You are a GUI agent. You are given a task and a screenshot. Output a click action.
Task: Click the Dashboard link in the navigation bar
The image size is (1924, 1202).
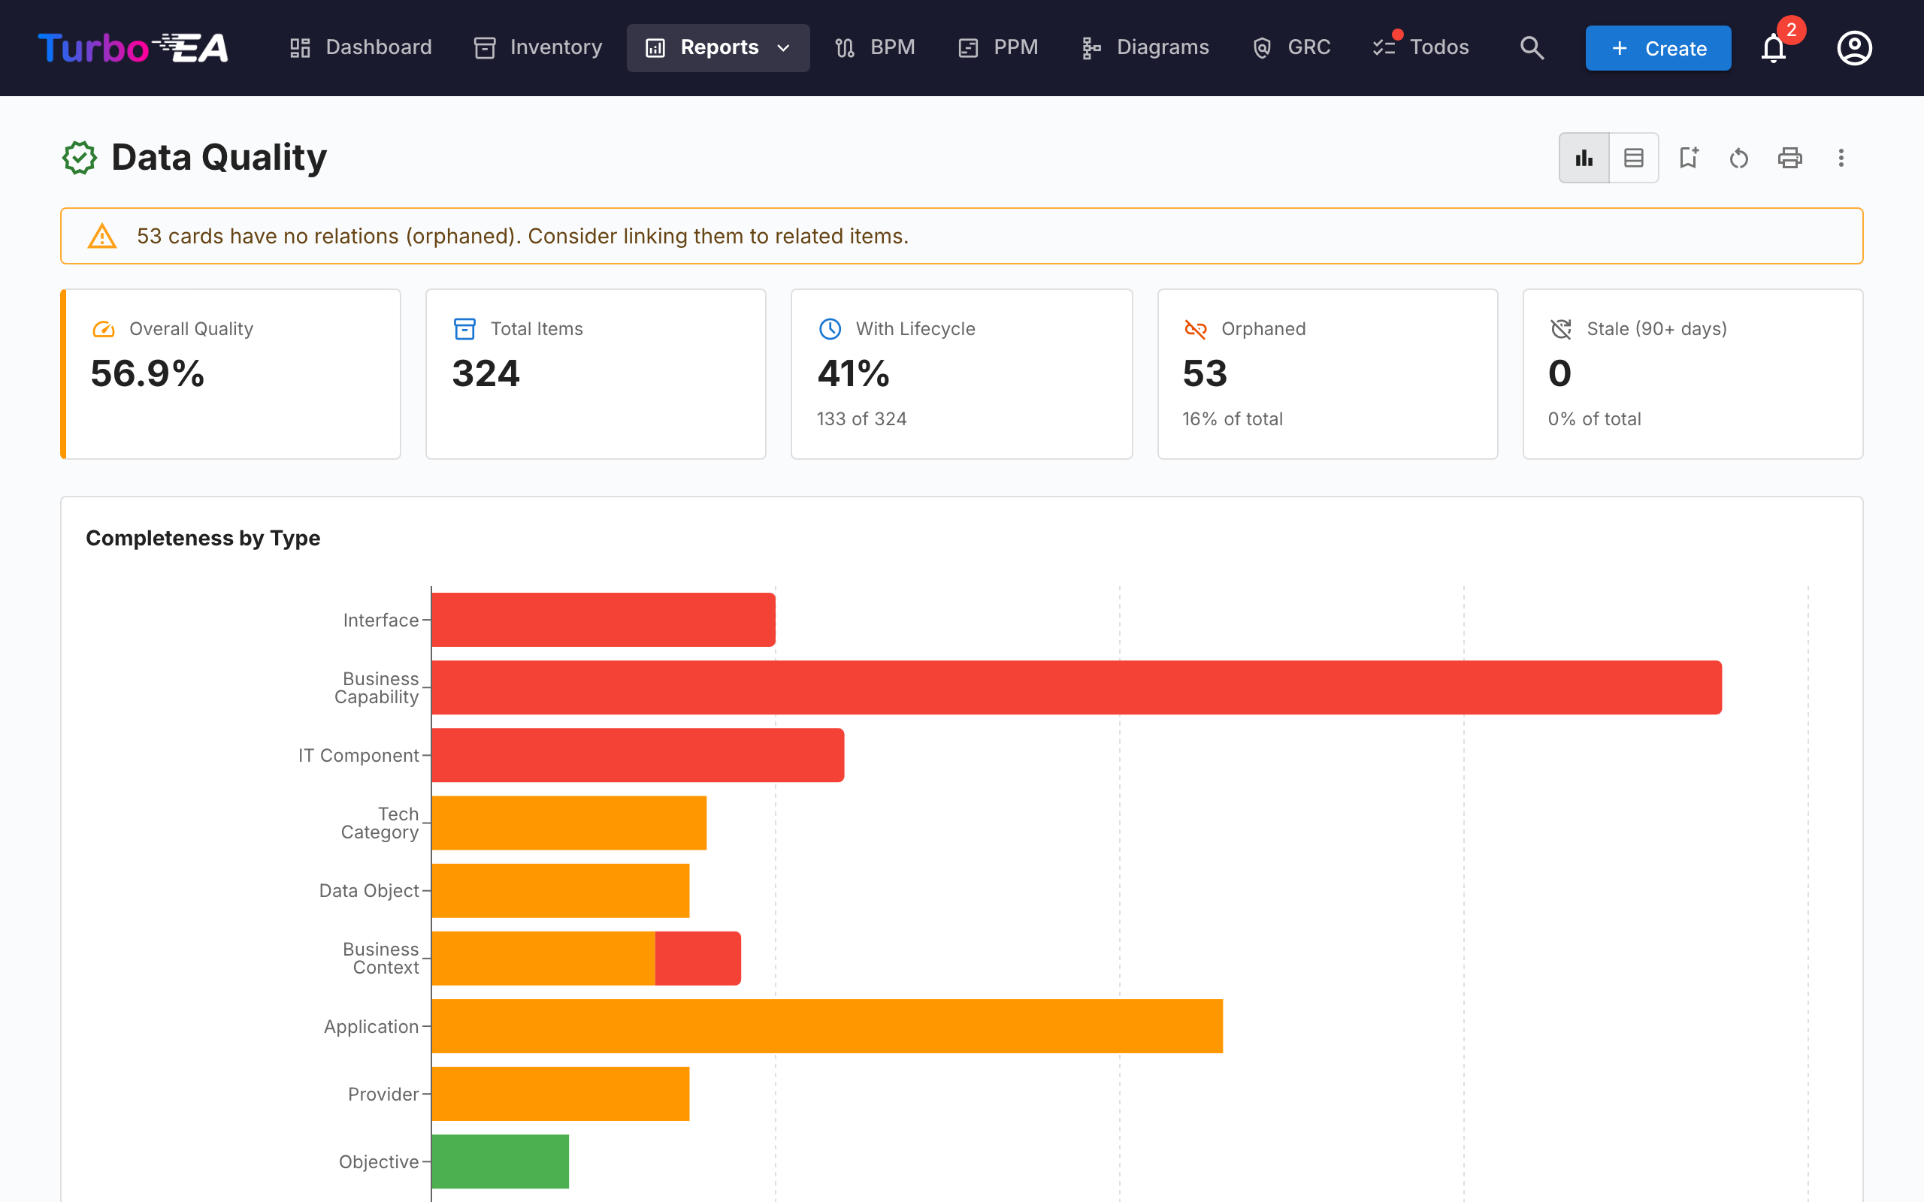pos(360,47)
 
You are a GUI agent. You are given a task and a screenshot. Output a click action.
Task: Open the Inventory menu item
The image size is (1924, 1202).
pos(538,47)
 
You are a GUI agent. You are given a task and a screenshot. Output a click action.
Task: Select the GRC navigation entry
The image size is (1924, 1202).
pos(1291,47)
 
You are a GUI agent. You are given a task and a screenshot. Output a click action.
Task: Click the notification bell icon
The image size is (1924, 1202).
pos(1773,49)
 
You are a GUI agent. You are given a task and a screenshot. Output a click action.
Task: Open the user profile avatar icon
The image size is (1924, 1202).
pos(1854,47)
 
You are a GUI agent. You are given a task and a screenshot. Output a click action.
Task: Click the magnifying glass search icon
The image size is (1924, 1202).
pos(1531,47)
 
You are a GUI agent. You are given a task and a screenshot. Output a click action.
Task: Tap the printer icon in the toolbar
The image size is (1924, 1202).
pos(1789,158)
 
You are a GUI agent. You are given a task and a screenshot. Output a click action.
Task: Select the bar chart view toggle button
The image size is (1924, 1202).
pos(1584,158)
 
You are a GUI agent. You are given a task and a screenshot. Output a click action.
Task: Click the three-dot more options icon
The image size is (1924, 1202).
pos(1841,158)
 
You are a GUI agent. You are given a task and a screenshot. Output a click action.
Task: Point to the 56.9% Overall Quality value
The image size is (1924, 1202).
pos(147,373)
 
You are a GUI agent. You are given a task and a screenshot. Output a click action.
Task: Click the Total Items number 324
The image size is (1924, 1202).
pos(486,373)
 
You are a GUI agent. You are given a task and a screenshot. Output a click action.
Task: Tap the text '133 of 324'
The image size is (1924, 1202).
pos(861,419)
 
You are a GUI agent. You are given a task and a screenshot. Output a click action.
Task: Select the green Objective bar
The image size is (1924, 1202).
pos(500,1161)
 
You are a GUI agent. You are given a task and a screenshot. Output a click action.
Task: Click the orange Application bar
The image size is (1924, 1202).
pos(827,1026)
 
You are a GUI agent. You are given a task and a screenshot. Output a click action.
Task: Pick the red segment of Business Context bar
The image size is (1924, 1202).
pos(698,959)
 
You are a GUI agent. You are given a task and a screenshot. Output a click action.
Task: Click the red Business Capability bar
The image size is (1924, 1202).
pos(1076,687)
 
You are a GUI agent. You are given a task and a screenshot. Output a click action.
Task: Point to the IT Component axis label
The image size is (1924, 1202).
pos(358,755)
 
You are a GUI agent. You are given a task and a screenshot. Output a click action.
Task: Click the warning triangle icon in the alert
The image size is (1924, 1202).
pos(101,236)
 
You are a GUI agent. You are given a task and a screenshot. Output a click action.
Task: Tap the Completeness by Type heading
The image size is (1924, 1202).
pos(203,538)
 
